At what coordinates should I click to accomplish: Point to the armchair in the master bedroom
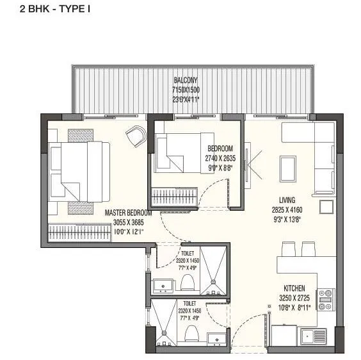[x=136, y=135]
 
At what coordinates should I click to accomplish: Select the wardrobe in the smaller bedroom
[x=173, y=193]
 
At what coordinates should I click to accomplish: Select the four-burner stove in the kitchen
[x=326, y=299]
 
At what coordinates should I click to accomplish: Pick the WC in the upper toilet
[x=188, y=282]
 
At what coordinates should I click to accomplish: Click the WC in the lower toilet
[x=189, y=334]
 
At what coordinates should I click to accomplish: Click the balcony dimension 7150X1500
[x=185, y=90]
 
